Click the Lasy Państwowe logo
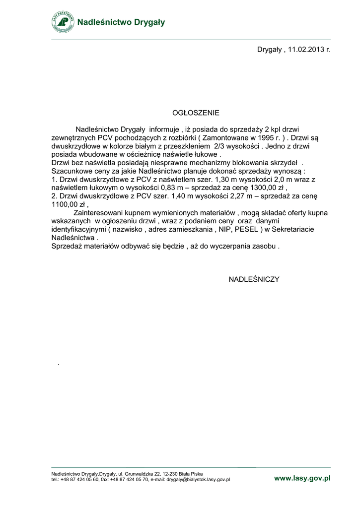pyautogui.click(x=63, y=22)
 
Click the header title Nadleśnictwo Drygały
pyautogui.click(x=121, y=22)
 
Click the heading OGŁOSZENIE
pyautogui.click(x=196, y=113)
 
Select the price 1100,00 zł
pyautogui.click(x=69, y=204)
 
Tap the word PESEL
pyautogui.click(x=245, y=230)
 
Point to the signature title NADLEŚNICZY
pyautogui.click(x=254, y=279)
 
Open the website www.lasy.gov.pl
pyautogui.click(x=302, y=478)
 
